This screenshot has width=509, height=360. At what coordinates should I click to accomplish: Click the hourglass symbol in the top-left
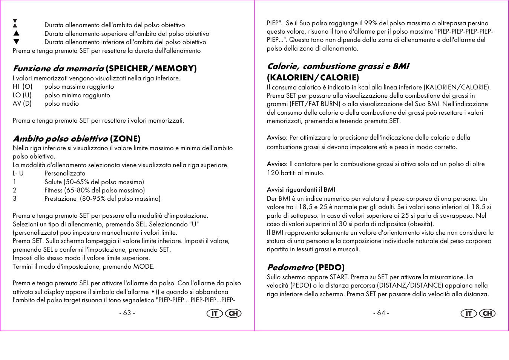pos(15,23)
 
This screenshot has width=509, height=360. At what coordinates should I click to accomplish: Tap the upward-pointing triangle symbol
pos(16,34)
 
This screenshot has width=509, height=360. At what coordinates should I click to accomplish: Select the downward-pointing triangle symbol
pos(16,42)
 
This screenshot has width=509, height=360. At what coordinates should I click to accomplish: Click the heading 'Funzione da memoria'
pos(58,69)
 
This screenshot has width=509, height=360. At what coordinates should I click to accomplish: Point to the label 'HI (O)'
pos(23,87)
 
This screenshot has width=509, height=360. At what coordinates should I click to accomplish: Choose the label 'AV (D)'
pos(22,104)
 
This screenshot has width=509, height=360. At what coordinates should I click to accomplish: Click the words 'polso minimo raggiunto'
pos(77,95)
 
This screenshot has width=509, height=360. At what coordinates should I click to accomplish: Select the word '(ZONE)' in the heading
pos(125,139)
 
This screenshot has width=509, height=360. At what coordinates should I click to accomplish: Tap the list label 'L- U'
pos(18,174)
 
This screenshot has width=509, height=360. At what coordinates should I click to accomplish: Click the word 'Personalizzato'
pos(65,174)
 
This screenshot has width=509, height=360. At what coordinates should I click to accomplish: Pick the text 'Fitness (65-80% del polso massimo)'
pos(95,191)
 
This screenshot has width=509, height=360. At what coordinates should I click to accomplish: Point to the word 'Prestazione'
pos(60,199)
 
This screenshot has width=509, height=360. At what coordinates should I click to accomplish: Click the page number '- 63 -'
pos(127,313)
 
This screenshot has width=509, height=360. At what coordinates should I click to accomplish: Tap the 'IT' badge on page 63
pos(215,314)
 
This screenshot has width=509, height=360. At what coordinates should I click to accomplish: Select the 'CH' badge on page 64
pos(487,314)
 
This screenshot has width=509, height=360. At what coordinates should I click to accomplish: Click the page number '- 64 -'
pos(381,313)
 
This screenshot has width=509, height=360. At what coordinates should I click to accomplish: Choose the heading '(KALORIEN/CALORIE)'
pos(313,78)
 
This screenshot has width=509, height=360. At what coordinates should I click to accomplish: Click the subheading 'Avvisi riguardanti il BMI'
pos(301,190)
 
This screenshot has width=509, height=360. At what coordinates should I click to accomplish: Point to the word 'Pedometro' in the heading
pos(290,268)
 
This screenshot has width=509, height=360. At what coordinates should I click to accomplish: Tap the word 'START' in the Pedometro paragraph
pos(339,277)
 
